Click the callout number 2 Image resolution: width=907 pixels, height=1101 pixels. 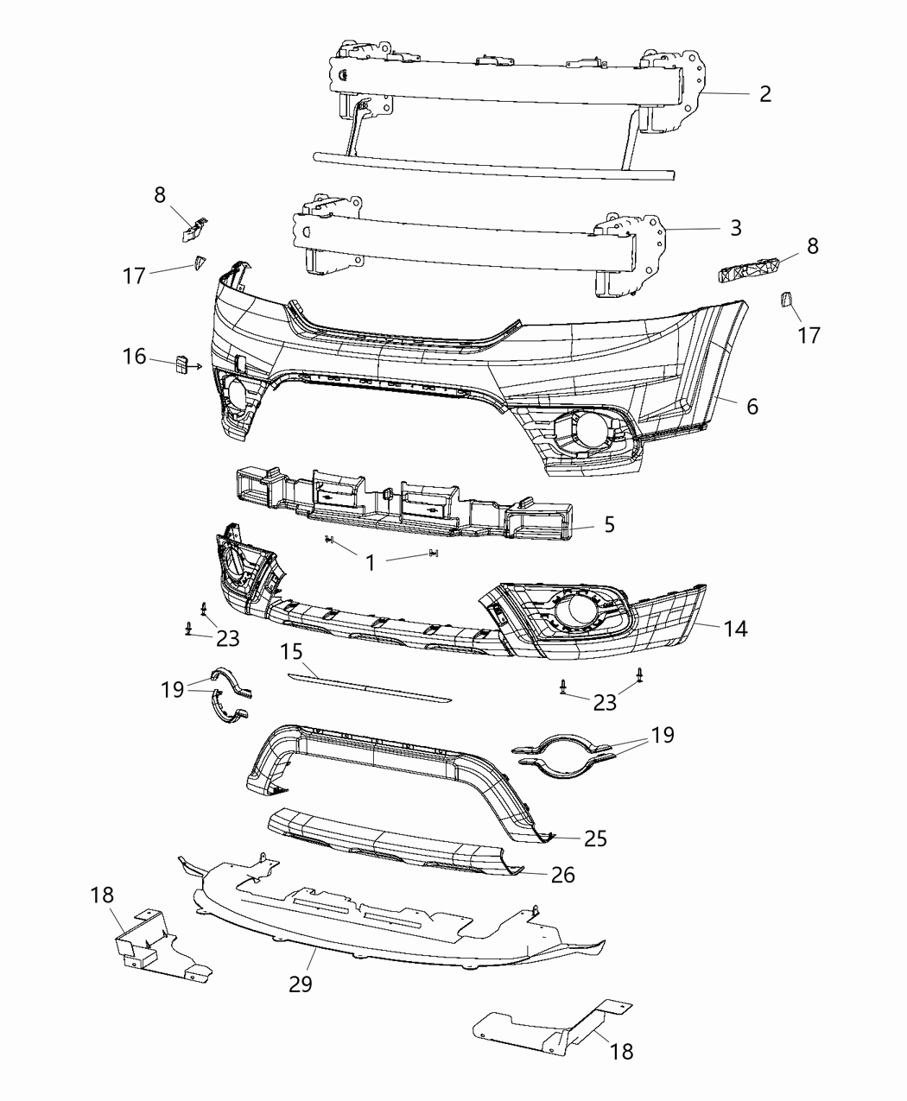point(764,93)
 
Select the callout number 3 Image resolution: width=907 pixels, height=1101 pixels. point(735,228)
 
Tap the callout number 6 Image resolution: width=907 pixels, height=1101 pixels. point(752,405)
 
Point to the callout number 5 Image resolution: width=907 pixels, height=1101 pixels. point(609,524)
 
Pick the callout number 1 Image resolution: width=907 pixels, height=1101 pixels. point(370,562)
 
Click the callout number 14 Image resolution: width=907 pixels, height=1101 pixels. point(735,629)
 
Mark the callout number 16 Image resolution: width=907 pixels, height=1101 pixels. point(134,356)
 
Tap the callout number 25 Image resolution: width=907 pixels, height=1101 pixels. point(595,838)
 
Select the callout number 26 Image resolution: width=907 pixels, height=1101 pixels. point(562,875)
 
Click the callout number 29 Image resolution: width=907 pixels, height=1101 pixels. point(301,983)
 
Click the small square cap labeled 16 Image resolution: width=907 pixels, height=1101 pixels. point(182,364)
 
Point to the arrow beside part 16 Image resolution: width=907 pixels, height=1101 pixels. point(198,366)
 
